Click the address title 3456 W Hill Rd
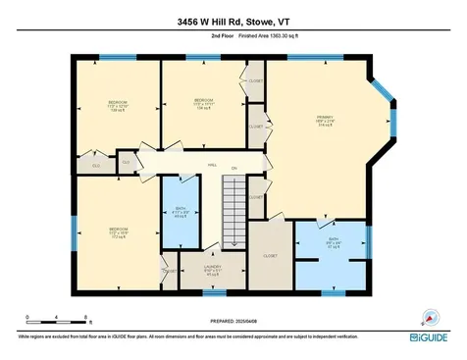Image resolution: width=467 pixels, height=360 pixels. click(x=233, y=19)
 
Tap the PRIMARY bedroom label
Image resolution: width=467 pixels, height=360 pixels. click(x=325, y=117)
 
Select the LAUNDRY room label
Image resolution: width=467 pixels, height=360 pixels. click(x=211, y=267)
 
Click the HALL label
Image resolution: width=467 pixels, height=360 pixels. click(x=211, y=166)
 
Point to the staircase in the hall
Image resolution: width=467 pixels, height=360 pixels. click(x=233, y=214)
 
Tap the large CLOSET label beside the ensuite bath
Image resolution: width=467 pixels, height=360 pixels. click(x=270, y=256)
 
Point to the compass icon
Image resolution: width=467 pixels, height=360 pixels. click(x=428, y=316)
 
